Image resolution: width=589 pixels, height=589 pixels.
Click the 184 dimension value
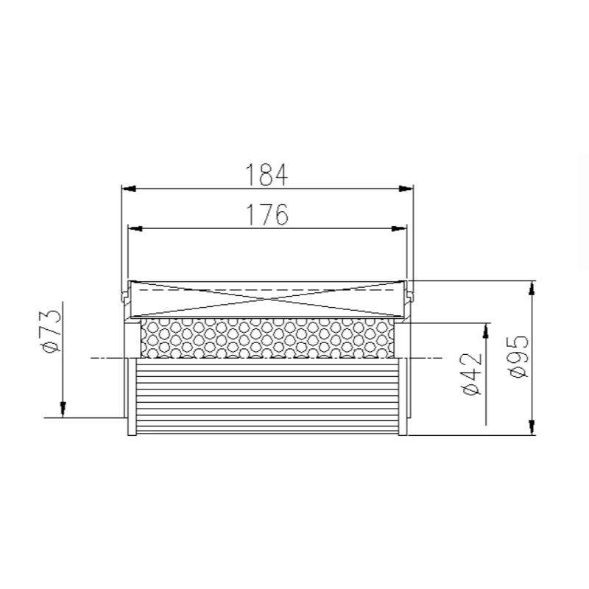(267, 174)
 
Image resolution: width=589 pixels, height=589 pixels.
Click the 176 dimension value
(267, 214)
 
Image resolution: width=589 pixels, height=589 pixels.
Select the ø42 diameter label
(472, 374)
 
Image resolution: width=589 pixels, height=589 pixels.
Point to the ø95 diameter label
(518, 356)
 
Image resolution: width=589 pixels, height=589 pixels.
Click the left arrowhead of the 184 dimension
(129, 188)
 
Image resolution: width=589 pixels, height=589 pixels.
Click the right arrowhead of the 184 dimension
(406, 188)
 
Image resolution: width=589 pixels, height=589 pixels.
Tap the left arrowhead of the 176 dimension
(135, 228)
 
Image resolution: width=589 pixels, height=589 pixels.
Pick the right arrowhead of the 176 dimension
(399, 228)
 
